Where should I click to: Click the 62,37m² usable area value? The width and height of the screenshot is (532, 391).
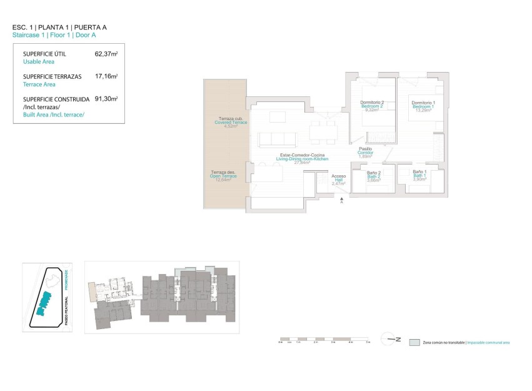(106, 54)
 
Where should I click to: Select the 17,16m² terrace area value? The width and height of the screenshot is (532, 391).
(106, 76)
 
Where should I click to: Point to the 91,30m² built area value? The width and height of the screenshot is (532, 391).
(106, 99)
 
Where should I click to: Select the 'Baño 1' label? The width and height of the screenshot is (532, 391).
(419, 172)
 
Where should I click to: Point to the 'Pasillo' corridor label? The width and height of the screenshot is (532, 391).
(365, 149)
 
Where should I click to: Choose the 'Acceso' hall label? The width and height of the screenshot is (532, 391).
(338, 176)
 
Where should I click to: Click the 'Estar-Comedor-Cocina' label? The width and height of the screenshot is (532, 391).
(303, 154)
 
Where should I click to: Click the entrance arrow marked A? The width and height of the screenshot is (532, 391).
(341, 198)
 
